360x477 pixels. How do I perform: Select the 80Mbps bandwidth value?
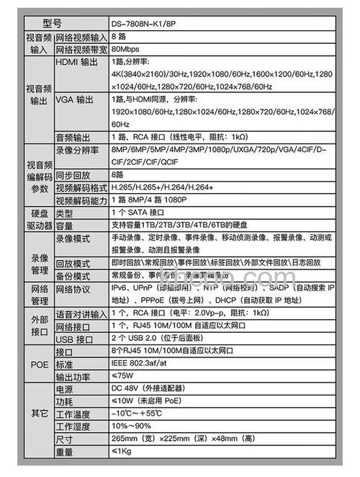(125, 50)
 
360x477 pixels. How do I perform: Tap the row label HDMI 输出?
(76, 62)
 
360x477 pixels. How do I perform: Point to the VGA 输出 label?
(75, 99)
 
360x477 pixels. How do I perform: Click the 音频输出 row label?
(73, 135)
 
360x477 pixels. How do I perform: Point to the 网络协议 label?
(73, 287)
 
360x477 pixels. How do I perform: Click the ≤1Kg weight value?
(122, 452)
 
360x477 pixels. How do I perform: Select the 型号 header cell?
(52, 24)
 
